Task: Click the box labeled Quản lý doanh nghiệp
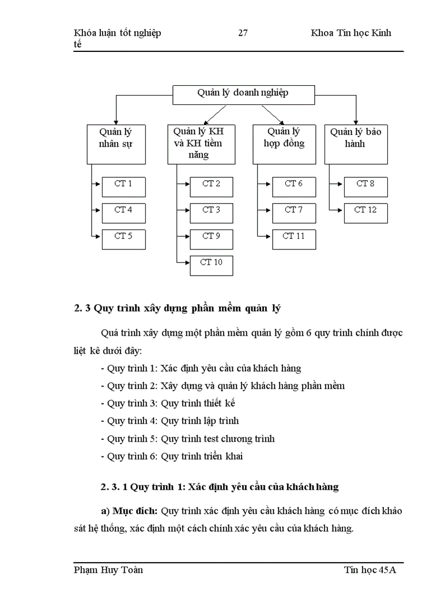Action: click(x=243, y=94)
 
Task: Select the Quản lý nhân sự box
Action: click(x=116, y=144)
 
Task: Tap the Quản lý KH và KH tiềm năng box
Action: click(x=199, y=144)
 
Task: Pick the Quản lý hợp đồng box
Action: click(x=284, y=144)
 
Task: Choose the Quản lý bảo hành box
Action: click(x=356, y=144)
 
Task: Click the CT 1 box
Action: click(x=124, y=187)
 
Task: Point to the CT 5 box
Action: click(x=124, y=239)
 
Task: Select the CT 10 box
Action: click(x=211, y=265)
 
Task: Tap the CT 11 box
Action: click(x=294, y=239)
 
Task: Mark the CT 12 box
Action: click(x=365, y=213)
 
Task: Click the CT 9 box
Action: click(x=211, y=239)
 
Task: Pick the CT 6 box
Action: click(x=294, y=187)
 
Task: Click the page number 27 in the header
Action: click(x=243, y=33)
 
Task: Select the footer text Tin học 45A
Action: click(x=370, y=570)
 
